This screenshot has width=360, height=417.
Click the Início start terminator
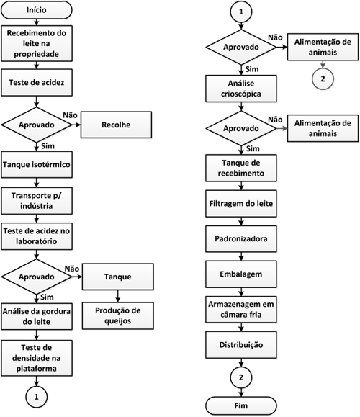pyautogui.click(x=37, y=10)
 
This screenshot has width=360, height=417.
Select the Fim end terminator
pyautogui.click(x=241, y=405)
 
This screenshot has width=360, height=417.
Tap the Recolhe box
pyautogui.click(x=116, y=125)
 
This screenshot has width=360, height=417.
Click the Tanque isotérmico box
pyautogui.click(x=37, y=165)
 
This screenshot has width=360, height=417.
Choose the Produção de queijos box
pyautogui.click(x=118, y=315)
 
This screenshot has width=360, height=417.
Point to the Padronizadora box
pyautogui.click(x=241, y=239)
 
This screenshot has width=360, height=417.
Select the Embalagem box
pyautogui.click(x=241, y=274)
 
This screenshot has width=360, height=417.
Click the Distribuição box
pyautogui.click(x=241, y=345)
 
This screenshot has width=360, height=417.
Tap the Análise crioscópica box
pyautogui.click(x=241, y=89)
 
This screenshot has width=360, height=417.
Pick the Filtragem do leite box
pyautogui.click(x=241, y=203)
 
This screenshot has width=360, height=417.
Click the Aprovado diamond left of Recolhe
pyautogui.click(x=37, y=125)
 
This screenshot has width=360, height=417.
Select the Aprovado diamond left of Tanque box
pyautogui.click(x=37, y=277)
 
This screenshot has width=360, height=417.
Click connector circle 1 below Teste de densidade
pyautogui.click(x=37, y=397)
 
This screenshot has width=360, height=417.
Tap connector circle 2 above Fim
pyautogui.click(x=241, y=377)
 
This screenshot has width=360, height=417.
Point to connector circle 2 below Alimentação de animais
pyautogui.click(x=323, y=79)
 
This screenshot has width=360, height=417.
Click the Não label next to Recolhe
pyautogui.click(x=70, y=115)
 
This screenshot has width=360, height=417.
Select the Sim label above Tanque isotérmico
pyautogui.click(x=48, y=146)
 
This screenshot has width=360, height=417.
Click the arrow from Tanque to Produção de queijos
pyautogui.click(x=118, y=296)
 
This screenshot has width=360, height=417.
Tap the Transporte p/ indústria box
pyautogui.click(x=37, y=201)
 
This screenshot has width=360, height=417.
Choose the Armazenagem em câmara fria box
pyautogui.click(x=241, y=310)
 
